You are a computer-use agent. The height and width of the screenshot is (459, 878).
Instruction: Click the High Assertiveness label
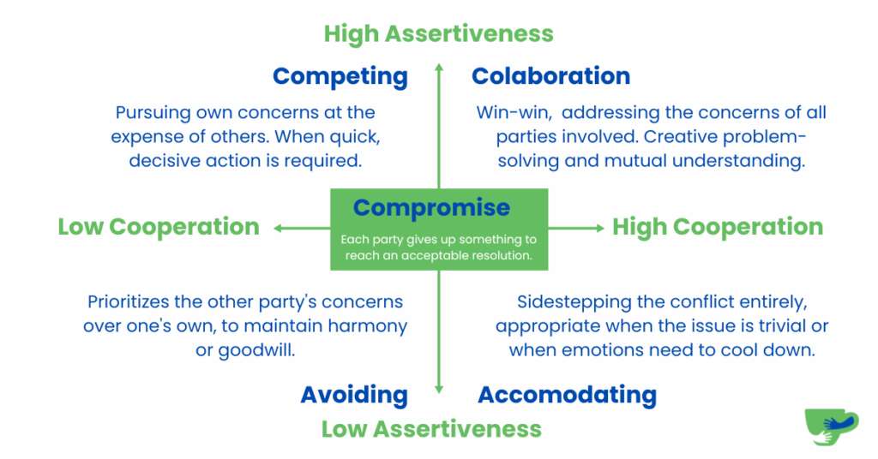(438, 34)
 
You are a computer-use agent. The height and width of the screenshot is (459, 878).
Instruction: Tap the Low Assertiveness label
(432, 429)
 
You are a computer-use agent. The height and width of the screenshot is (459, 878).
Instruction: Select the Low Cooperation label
(159, 227)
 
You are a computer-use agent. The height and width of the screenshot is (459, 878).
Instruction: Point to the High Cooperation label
(718, 227)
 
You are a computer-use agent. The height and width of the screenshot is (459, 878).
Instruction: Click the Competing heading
(340, 77)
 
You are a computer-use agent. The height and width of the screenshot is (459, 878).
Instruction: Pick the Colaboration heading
(551, 76)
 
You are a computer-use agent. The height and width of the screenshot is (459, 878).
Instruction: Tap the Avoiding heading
(354, 396)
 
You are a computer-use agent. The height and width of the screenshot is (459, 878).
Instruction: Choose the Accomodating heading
(568, 396)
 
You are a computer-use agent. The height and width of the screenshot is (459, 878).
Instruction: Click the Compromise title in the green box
(432, 208)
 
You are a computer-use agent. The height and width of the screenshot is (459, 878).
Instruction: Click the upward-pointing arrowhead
(439, 67)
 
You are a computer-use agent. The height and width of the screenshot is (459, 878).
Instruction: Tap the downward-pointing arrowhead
(439, 389)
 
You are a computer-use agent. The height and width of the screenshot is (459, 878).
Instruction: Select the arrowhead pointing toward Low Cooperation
(278, 228)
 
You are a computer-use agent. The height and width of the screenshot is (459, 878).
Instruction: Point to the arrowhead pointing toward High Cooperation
(600, 228)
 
